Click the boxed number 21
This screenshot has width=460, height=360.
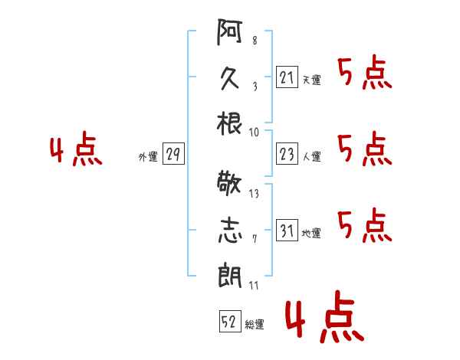click(x=286, y=77)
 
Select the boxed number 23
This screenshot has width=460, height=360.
click(x=286, y=154)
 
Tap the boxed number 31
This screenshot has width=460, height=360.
click(x=286, y=229)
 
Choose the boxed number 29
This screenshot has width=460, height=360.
click(x=172, y=154)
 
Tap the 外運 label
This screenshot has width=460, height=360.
click(x=147, y=156)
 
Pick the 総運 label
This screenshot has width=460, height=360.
click(x=255, y=324)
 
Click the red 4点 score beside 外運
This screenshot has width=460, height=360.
click(x=76, y=151)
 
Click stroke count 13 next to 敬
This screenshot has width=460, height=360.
click(x=254, y=194)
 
